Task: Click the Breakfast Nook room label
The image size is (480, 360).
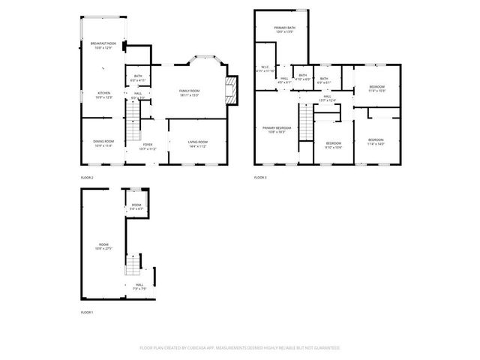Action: coord(103,46)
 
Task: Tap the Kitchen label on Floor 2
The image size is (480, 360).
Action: coord(103,95)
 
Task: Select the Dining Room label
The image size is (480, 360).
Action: coord(103,142)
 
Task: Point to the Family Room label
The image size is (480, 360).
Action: coord(188,93)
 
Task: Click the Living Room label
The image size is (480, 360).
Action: coord(197,142)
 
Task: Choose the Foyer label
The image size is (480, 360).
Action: coord(148,146)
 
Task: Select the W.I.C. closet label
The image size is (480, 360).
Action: coord(265,69)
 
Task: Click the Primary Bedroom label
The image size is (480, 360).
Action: coord(277,129)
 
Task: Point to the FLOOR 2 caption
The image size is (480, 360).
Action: coord(87,177)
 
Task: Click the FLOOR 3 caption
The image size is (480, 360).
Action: coord(260,177)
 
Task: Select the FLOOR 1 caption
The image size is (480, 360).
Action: coord(87,311)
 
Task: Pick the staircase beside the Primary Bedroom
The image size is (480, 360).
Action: coord(305,120)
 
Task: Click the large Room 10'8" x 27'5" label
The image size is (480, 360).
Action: coord(103,245)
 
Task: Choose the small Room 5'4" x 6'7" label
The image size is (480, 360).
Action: coord(136,206)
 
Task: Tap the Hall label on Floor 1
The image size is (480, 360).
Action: coord(139,286)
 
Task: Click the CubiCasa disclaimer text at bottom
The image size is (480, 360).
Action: coord(240,348)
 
